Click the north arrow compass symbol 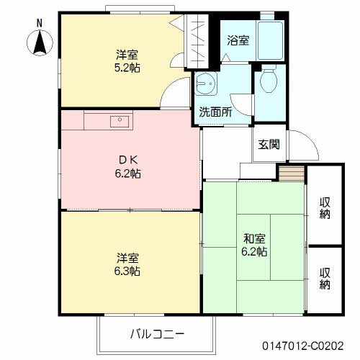pos(40,45)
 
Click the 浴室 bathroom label pos(238,40)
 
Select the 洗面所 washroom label pos(215,112)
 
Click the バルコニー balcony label pos(158,334)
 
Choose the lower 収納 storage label pos(325,278)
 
